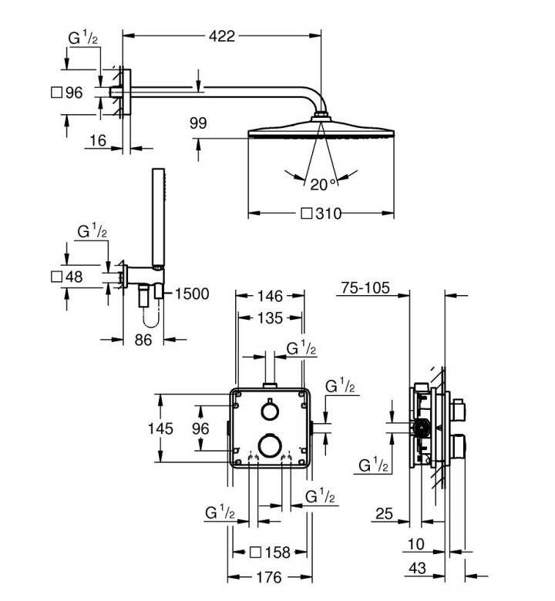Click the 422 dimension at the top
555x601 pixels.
point(222,36)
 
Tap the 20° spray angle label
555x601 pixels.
point(323,185)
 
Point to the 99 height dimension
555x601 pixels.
point(198,123)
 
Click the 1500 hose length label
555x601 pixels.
point(192,294)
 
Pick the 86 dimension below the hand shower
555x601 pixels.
point(143,340)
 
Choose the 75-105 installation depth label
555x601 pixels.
point(365,287)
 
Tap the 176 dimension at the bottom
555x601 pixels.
point(269,577)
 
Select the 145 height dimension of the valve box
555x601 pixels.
point(160,428)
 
